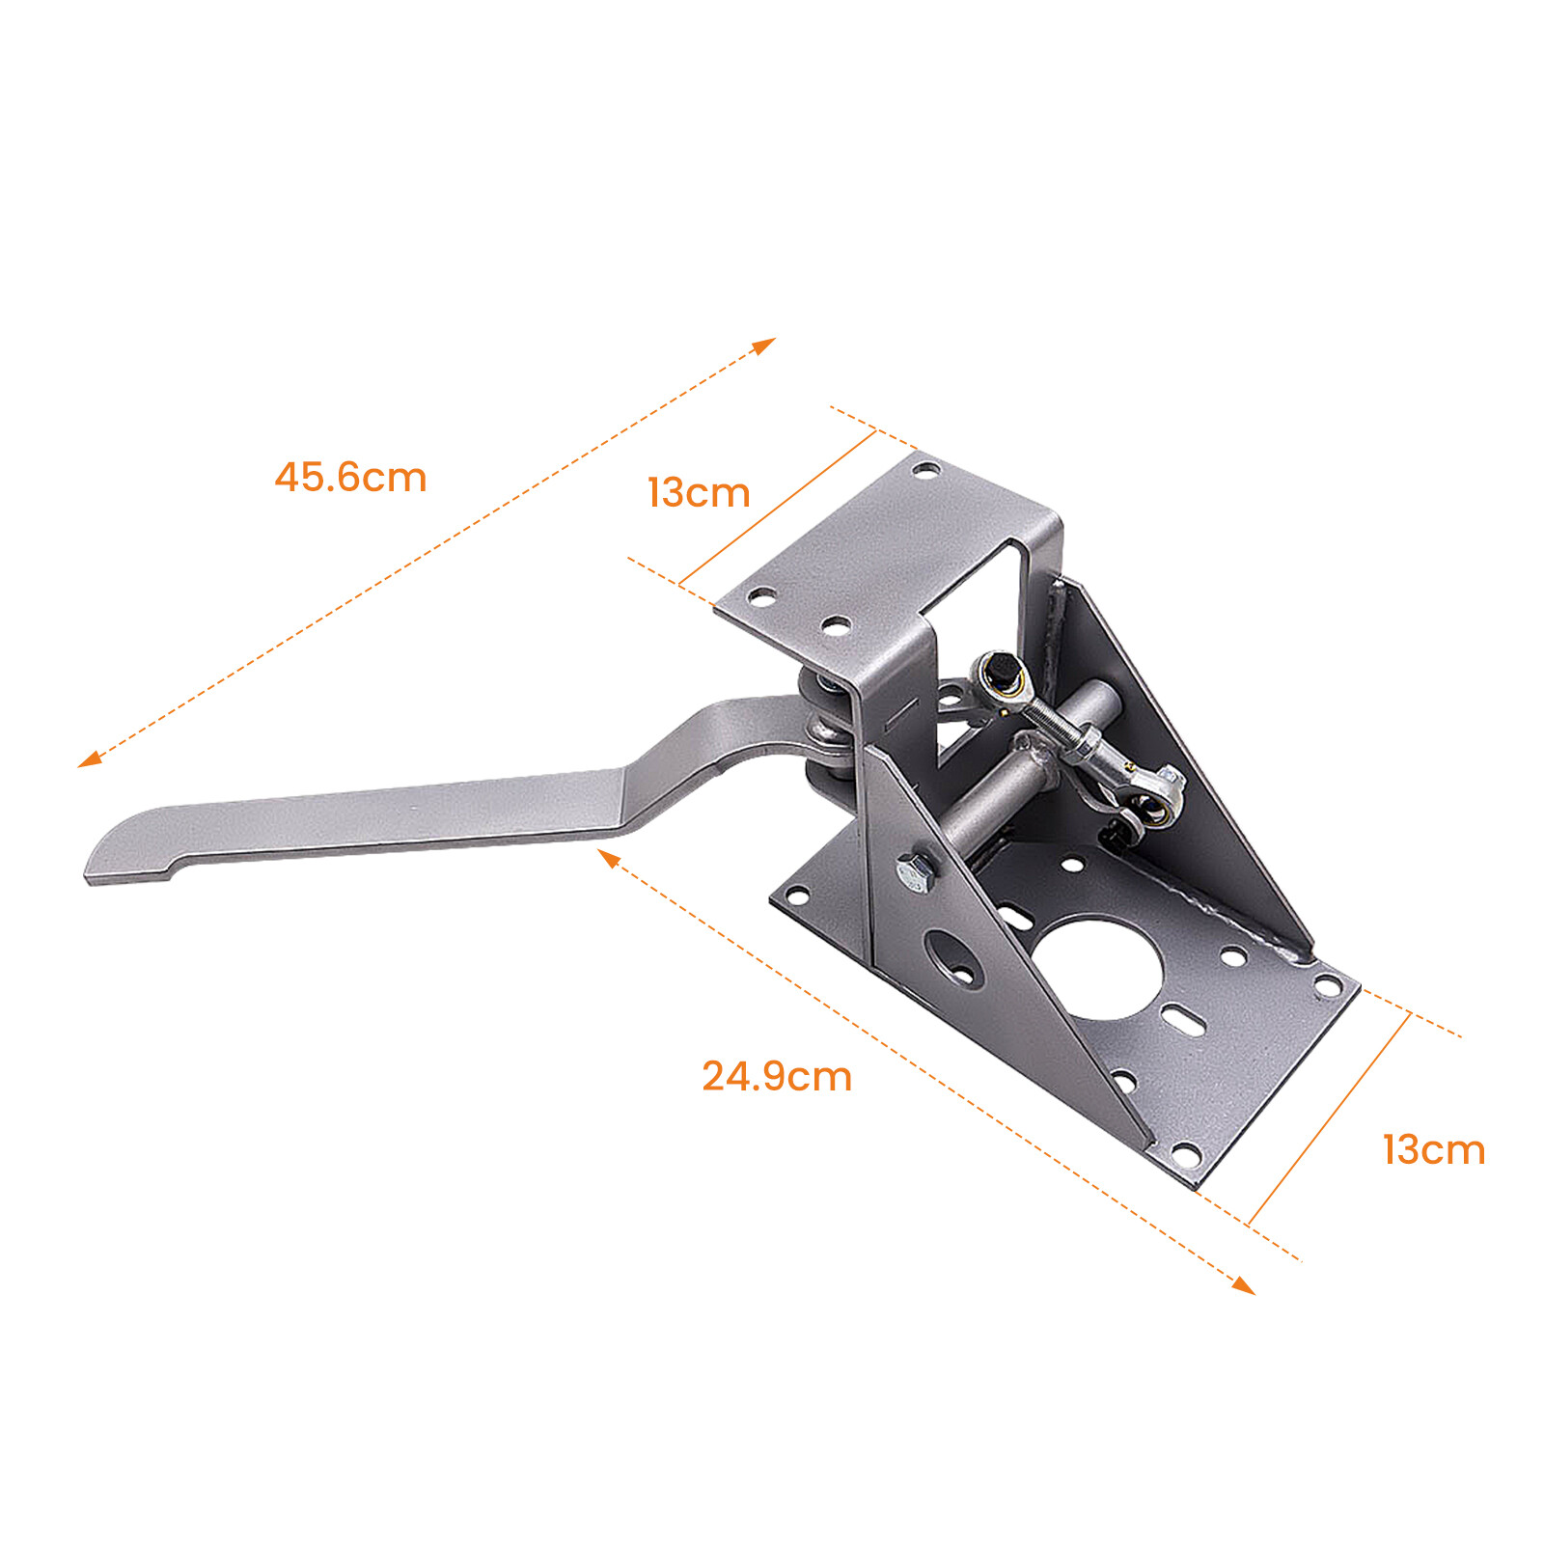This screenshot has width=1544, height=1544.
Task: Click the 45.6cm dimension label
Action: [350, 478]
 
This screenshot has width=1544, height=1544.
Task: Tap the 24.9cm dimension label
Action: [777, 1077]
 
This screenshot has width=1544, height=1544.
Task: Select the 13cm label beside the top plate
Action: [699, 493]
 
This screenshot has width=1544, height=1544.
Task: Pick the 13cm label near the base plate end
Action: [1433, 1150]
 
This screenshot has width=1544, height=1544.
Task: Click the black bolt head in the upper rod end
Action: [1002, 669]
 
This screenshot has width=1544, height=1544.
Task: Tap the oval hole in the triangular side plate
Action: [954, 958]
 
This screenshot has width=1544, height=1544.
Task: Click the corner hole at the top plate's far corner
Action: [925, 471]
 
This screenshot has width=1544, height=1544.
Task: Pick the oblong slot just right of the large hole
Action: [1181, 1017]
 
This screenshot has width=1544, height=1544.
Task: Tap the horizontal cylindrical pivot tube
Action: [1004, 782]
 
